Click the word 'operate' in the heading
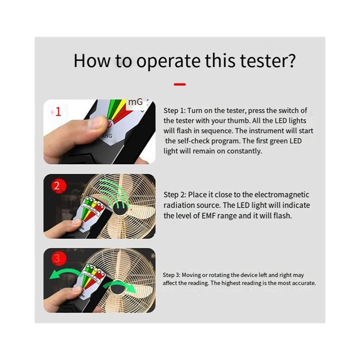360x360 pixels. (x=168, y=61)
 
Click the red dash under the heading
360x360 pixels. (x=180, y=84)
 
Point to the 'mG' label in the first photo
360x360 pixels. (x=136, y=102)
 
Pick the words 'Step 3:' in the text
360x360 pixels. (x=171, y=275)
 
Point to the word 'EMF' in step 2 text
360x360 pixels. (x=209, y=216)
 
